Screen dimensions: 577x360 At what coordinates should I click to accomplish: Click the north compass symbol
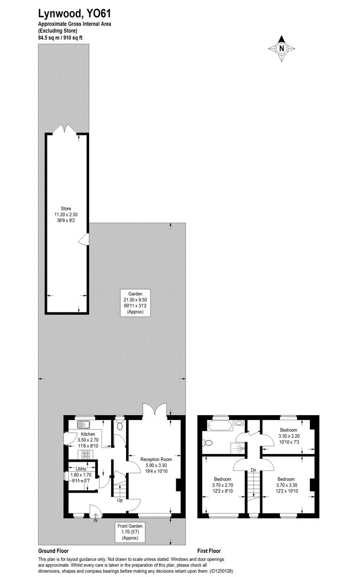(281, 48)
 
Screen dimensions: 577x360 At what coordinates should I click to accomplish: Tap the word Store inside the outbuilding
(66, 208)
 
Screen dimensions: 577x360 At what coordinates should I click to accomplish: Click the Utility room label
(81, 469)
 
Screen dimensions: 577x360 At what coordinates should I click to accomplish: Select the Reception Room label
(156, 459)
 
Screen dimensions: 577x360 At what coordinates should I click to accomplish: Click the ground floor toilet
(119, 426)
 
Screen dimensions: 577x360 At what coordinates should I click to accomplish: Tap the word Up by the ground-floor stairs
(120, 501)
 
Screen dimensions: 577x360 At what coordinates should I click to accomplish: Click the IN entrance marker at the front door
(96, 520)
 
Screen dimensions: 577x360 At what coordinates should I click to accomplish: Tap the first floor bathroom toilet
(208, 442)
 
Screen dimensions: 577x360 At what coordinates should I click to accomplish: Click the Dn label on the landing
(253, 470)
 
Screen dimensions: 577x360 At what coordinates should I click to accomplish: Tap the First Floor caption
(209, 551)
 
